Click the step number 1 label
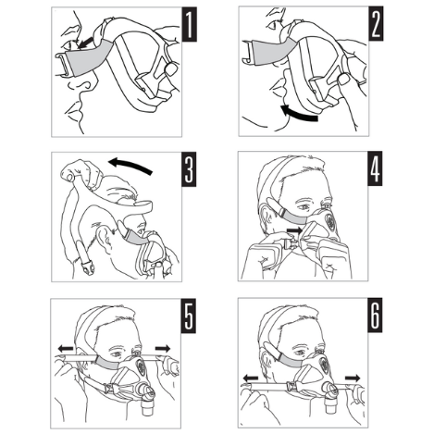(189, 24)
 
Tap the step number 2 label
(376, 24)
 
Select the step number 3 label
(189, 169)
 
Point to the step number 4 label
(375, 168)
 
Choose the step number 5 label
(189, 316)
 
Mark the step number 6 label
(375, 315)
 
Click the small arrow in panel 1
(86, 43)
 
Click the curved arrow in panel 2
(298, 114)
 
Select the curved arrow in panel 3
(130, 165)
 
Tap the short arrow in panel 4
(294, 230)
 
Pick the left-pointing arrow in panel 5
(66, 349)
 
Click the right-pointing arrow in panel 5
(163, 349)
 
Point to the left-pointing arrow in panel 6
(251, 378)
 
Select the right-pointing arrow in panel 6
(353, 378)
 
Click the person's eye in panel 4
(304, 207)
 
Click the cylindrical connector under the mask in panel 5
(147, 406)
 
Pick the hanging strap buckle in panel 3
(88, 267)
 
